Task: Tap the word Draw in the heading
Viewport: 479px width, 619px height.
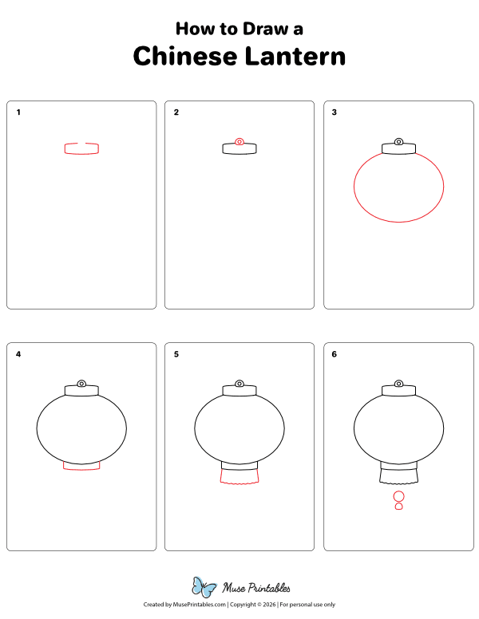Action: [x=255, y=29]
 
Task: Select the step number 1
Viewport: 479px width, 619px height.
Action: [x=18, y=112]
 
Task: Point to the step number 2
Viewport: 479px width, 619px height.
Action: [x=176, y=112]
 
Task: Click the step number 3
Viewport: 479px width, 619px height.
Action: [x=335, y=112]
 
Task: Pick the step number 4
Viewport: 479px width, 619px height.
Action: [x=18, y=353]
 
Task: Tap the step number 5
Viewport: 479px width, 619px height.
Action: [x=176, y=353]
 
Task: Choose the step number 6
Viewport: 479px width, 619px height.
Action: [x=335, y=353]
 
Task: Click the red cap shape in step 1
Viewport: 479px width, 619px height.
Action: [x=81, y=148]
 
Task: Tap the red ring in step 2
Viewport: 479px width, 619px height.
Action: [x=239, y=141]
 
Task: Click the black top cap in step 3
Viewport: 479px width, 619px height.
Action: [x=398, y=148]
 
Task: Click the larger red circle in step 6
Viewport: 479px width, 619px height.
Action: [x=398, y=496]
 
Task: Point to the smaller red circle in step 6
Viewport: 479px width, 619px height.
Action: [x=398, y=507]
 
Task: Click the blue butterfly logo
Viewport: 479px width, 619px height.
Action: [x=204, y=588]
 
